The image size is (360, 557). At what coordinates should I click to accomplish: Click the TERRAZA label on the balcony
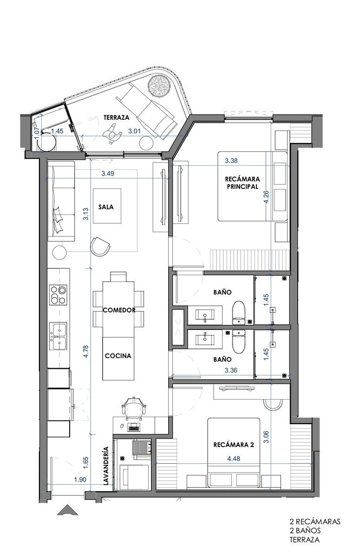(x=117, y=117)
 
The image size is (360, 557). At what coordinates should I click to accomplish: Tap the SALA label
(x=106, y=207)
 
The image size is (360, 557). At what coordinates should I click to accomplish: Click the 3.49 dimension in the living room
(x=108, y=173)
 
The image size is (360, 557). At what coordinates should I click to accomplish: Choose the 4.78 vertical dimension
(x=86, y=351)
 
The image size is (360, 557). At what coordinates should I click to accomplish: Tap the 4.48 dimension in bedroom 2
(x=234, y=458)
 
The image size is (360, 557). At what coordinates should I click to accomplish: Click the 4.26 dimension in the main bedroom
(x=266, y=197)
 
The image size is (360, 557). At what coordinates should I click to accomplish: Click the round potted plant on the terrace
(x=160, y=84)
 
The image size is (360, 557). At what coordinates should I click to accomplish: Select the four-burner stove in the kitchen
(x=59, y=295)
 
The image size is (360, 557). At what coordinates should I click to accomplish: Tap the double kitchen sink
(x=58, y=336)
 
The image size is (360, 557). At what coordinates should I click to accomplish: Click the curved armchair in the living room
(x=100, y=246)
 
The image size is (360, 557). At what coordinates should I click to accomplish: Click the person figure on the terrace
(x=112, y=134)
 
